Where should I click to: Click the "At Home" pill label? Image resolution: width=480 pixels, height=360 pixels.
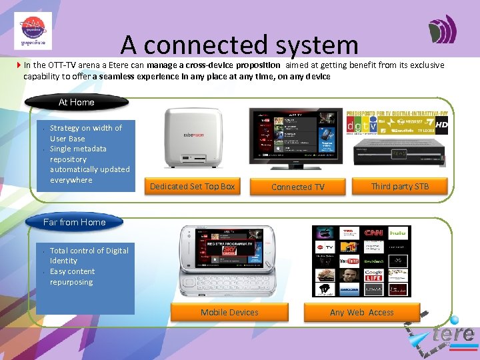[77, 102]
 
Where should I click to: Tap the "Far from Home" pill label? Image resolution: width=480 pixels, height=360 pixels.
[74, 222]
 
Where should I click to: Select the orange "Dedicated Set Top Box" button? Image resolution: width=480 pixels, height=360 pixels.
[192, 186]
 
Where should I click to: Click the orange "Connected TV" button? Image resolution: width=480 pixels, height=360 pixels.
[297, 187]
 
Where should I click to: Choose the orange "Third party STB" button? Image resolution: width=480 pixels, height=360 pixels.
[400, 186]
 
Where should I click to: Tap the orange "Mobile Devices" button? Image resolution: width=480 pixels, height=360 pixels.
[229, 312]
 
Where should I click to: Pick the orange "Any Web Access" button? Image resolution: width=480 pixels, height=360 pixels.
[361, 312]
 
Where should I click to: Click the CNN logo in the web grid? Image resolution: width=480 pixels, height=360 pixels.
[373, 233]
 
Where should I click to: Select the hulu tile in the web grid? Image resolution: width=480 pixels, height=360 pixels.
[398, 233]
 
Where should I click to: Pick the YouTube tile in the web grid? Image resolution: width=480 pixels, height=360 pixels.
[349, 261]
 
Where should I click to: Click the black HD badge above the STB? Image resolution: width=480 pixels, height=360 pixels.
[441, 125]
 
